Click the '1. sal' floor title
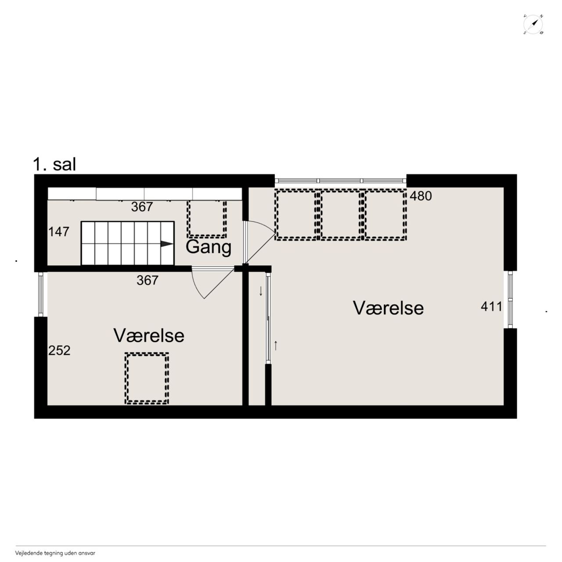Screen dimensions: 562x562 tap(54, 164)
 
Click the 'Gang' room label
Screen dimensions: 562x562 tap(208, 248)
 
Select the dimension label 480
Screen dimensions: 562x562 tap(421, 196)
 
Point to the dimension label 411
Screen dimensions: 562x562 tap(491, 306)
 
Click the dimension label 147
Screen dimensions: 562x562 tap(59, 232)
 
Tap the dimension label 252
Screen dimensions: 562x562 tap(59, 350)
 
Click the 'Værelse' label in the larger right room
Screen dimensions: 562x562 tap(388, 308)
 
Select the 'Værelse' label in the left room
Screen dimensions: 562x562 tap(149, 335)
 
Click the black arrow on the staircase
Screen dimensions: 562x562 tap(167, 244)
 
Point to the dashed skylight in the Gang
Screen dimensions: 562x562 tap(206, 219)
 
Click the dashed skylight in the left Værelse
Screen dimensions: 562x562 tap(147, 378)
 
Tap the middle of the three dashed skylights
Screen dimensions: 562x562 tap(341, 215)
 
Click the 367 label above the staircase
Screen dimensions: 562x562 tap(142, 207)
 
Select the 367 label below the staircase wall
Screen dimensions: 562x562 tap(148, 280)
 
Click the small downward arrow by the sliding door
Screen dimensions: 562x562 tap(261, 291)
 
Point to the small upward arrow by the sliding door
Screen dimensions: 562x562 tap(276, 346)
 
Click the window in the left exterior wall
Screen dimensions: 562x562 tap(41, 294)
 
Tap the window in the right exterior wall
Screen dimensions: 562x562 tap(510, 299)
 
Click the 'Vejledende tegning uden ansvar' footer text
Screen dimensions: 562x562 tap(55, 553)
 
